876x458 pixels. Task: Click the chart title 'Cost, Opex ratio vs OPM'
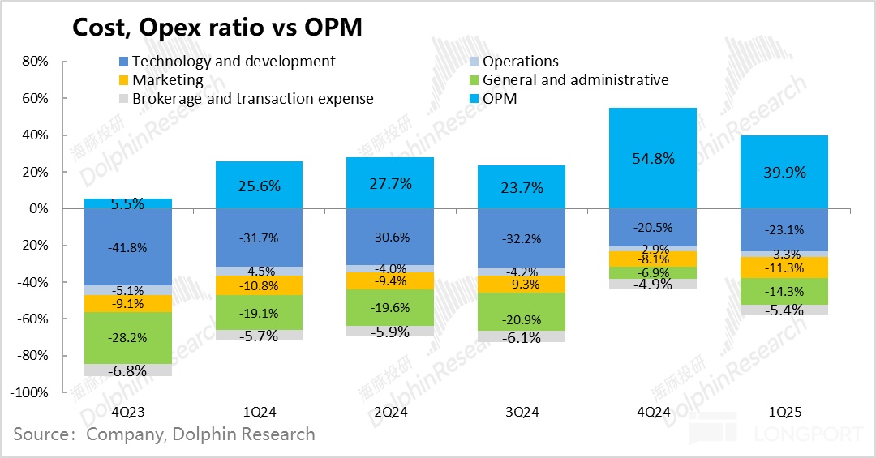pyautogui.click(x=217, y=27)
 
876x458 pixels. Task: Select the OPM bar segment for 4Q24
pyautogui.click(x=653, y=158)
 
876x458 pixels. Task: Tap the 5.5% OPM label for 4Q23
pyautogui.click(x=128, y=204)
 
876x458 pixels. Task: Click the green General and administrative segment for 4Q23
pyautogui.click(x=128, y=338)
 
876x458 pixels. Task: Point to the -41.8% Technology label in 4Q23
pyautogui.click(x=128, y=248)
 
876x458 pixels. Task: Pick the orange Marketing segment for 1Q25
pyautogui.click(x=784, y=268)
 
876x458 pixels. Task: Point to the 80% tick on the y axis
pyautogui.click(x=36, y=62)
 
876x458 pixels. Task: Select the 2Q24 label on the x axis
pyautogui.click(x=391, y=412)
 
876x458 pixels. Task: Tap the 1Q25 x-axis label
pyautogui.click(x=784, y=412)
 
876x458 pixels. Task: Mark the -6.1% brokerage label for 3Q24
pyautogui.click(x=522, y=338)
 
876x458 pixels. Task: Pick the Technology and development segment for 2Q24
pyautogui.click(x=391, y=238)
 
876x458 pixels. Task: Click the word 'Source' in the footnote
pyautogui.click(x=41, y=434)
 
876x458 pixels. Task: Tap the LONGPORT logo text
pyautogui.click(x=807, y=434)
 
